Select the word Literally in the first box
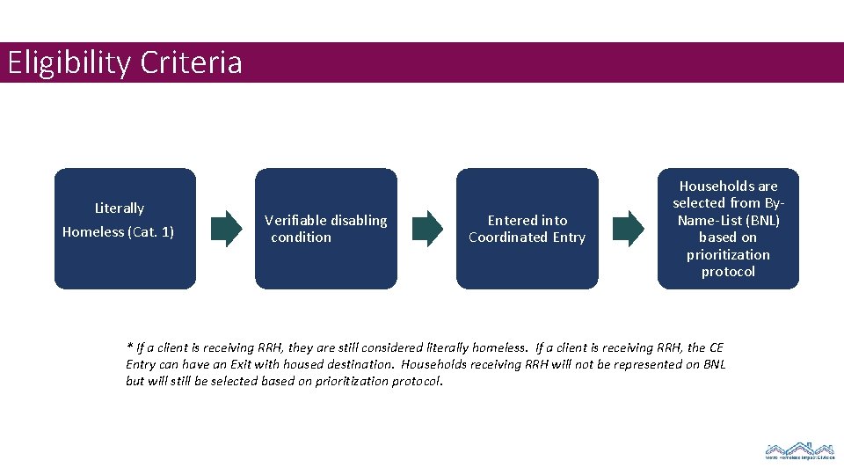[120, 208]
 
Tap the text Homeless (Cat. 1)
[118, 232]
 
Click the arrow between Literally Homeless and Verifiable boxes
[226, 229]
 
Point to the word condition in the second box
[302, 237]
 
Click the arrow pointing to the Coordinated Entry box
[428, 229]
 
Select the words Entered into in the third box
[527, 221]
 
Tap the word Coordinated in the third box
[506, 237]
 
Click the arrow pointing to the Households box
[629, 229]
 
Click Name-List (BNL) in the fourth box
[728, 221]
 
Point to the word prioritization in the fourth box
[728, 255]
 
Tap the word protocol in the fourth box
[728, 272]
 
